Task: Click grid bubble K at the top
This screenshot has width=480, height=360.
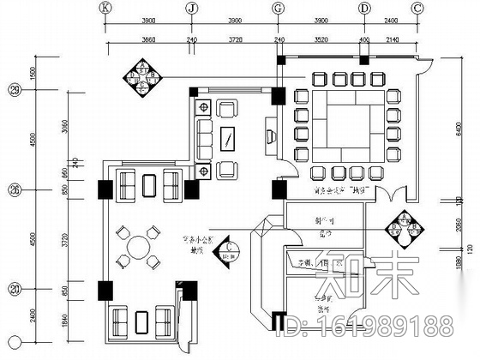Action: [105, 8]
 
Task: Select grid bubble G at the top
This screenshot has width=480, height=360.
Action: [278, 8]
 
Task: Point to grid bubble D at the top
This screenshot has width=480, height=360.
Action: [364, 8]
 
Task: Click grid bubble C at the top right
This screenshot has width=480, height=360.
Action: [417, 8]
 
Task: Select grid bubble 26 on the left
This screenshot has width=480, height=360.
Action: [14, 189]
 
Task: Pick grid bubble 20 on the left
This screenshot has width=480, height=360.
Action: [14, 289]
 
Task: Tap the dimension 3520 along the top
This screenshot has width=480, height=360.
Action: [321, 39]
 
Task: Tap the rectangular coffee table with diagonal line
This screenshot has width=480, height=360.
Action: [229, 138]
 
